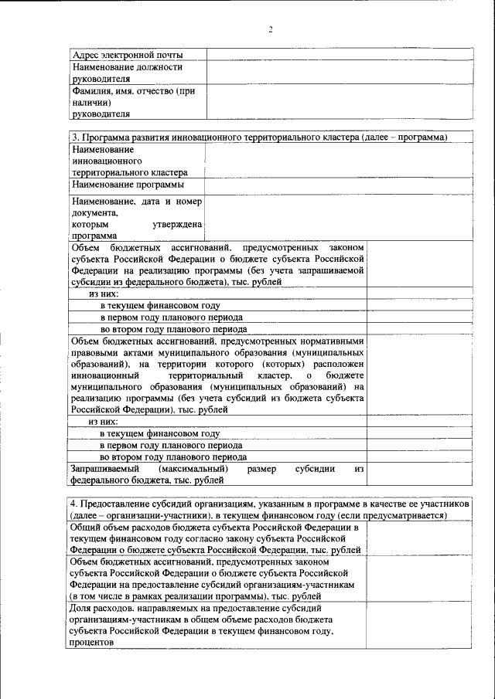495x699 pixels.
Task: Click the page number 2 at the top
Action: point(271,29)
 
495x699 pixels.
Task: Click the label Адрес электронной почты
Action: point(128,55)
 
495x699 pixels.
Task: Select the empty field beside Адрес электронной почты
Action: point(339,55)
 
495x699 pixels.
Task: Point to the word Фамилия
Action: point(89,91)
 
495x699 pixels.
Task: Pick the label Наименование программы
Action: point(128,185)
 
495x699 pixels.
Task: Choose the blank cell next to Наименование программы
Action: point(339,185)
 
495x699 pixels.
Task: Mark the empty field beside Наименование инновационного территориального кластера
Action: point(339,161)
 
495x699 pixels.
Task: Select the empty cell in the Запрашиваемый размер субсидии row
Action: point(418,473)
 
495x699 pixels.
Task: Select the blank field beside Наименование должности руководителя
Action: point(339,73)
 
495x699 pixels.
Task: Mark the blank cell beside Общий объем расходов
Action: point(418,538)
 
